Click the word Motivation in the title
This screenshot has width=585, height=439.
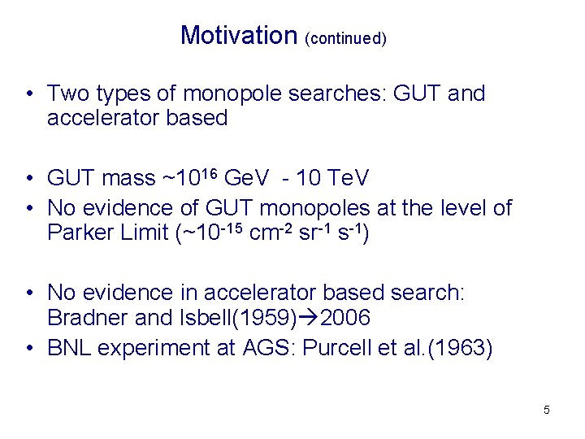pos(240,36)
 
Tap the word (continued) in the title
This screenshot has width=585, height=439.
pos(345,38)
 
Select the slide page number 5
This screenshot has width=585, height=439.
pos(547,410)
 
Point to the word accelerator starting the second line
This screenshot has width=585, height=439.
pos(104,118)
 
